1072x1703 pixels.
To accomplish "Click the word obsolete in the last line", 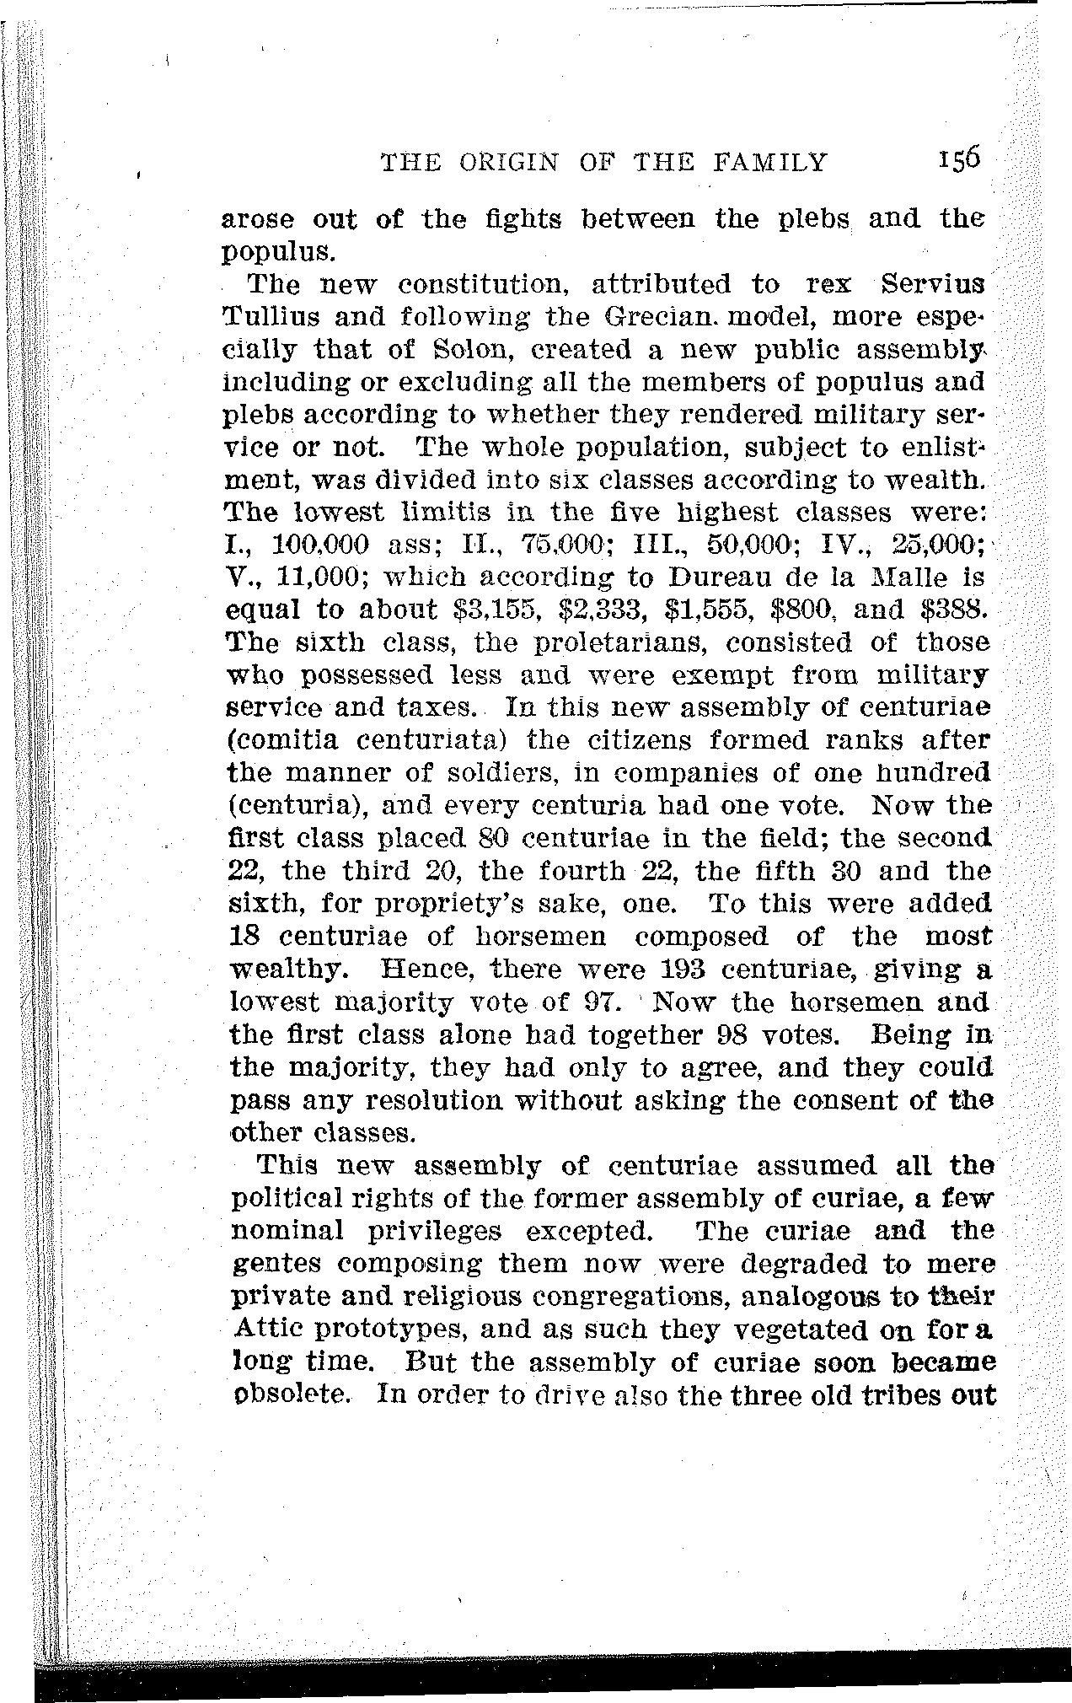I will (291, 1394).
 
